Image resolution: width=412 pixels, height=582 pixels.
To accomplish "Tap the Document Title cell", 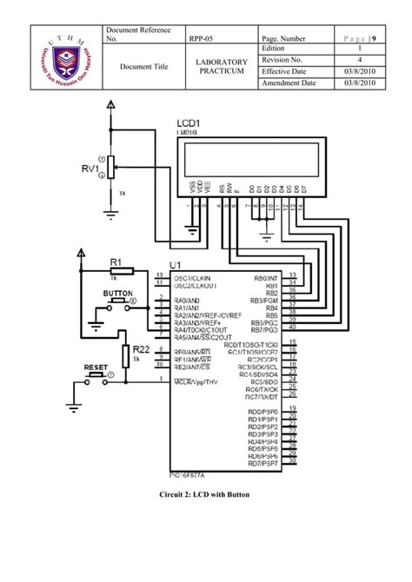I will [143, 66].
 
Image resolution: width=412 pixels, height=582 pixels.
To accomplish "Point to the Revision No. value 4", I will [360, 61].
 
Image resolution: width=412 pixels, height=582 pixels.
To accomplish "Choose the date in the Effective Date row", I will [360, 71].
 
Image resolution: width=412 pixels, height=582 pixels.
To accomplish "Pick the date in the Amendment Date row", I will [360, 83].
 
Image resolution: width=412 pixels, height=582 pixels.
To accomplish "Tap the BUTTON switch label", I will [117, 294].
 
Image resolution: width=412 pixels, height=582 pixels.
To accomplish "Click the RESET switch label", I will [96, 367].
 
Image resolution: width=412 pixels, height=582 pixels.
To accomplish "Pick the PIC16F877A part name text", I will [192, 475].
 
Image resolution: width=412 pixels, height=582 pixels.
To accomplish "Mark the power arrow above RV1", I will [110, 104].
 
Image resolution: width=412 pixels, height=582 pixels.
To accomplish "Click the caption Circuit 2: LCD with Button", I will [205, 494].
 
